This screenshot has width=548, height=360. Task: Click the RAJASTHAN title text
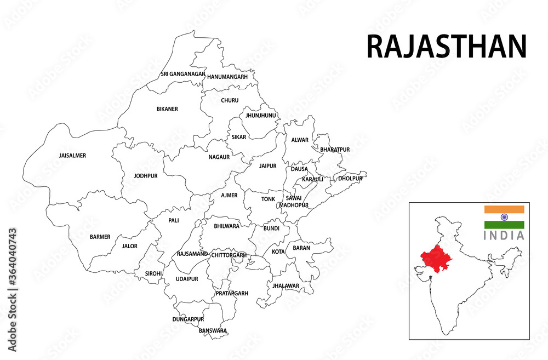coord(446,47)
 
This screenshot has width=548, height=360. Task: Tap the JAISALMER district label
coord(72,156)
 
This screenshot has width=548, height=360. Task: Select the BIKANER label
coord(167,109)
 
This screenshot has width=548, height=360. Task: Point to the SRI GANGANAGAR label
coord(183,74)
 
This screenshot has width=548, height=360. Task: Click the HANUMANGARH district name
coord(227,77)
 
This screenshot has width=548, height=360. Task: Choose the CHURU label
coord(230,100)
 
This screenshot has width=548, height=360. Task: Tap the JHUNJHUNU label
coord(261,116)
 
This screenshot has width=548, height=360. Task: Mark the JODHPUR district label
coord(145,176)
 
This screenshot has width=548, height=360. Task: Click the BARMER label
coord(100,237)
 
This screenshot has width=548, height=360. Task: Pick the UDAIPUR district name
coord(187,279)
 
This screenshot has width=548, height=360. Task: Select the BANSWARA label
coord(213,330)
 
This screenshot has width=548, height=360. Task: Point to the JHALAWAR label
coord(286,286)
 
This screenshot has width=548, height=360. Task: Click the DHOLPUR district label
coord(350,179)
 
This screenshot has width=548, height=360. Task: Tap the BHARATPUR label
coord(335,150)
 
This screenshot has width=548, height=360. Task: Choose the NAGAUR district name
coord(219,157)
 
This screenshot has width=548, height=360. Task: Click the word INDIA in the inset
coord(504,236)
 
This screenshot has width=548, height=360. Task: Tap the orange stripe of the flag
coord(504,209)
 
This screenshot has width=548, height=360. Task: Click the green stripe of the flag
coord(504,225)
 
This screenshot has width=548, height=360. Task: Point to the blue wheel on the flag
coord(504,217)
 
